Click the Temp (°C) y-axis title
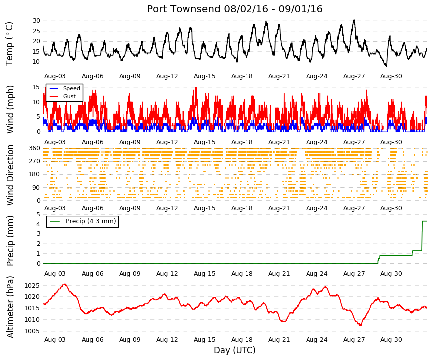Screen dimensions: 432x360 click(9, 44)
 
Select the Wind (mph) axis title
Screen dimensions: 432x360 click(10, 109)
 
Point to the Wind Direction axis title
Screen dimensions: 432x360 click(10, 175)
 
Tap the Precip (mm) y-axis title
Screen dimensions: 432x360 click(10, 241)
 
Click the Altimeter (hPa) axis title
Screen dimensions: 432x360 click(10, 306)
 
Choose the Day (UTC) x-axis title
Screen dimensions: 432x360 click(235, 350)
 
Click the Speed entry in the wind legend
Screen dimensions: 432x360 click(71, 88)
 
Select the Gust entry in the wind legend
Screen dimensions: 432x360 click(69, 96)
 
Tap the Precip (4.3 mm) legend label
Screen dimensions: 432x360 click(91, 221)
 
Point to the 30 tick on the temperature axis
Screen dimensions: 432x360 click(36, 21)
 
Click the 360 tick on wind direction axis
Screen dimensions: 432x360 click(34, 148)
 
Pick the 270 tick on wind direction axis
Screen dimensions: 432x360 click(34, 161)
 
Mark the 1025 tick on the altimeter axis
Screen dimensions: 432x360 click(32, 286)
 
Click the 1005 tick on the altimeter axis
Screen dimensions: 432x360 click(32, 331)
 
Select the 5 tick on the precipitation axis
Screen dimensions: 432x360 click(38, 215)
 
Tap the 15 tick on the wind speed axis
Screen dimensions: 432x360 click(36, 87)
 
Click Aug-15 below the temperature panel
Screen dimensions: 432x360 click(204, 76)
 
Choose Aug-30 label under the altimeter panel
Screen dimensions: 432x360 click(391, 340)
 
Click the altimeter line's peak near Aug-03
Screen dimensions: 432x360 click(65, 284)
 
